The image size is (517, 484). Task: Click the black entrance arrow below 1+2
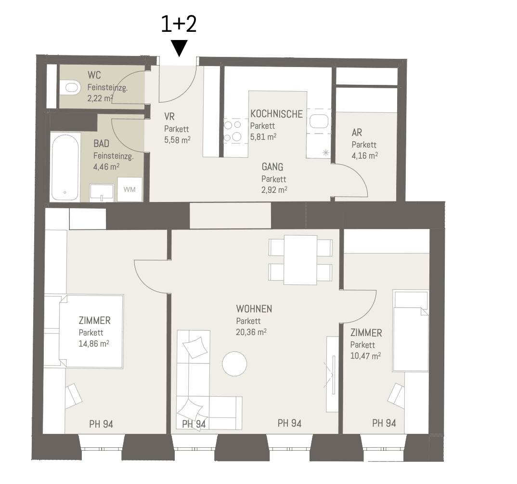tap(180, 48)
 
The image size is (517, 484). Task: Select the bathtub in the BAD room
tap(65, 167)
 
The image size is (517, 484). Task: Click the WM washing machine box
tap(129, 189)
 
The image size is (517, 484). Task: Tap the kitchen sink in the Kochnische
tap(319, 121)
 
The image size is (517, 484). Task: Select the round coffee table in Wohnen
tap(235, 364)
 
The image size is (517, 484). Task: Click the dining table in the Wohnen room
tap(300, 260)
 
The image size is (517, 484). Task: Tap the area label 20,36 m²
tap(251, 332)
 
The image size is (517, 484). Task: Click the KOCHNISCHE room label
tap(276, 114)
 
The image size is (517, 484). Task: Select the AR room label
tap(357, 133)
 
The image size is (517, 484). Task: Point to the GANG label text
tap(272, 167)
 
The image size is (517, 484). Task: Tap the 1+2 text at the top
tap(179, 24)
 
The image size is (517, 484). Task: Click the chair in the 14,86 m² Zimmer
tap(73, 395)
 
